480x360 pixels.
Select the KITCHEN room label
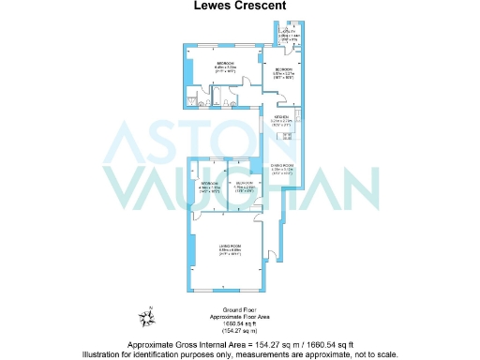(281, 116)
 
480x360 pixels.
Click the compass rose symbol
(147, 315)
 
